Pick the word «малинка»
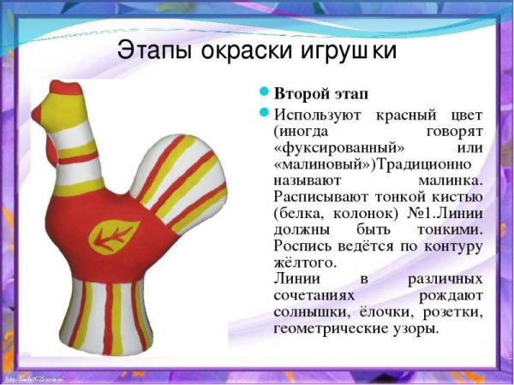point(451,181)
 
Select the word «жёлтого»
point(304,263)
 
